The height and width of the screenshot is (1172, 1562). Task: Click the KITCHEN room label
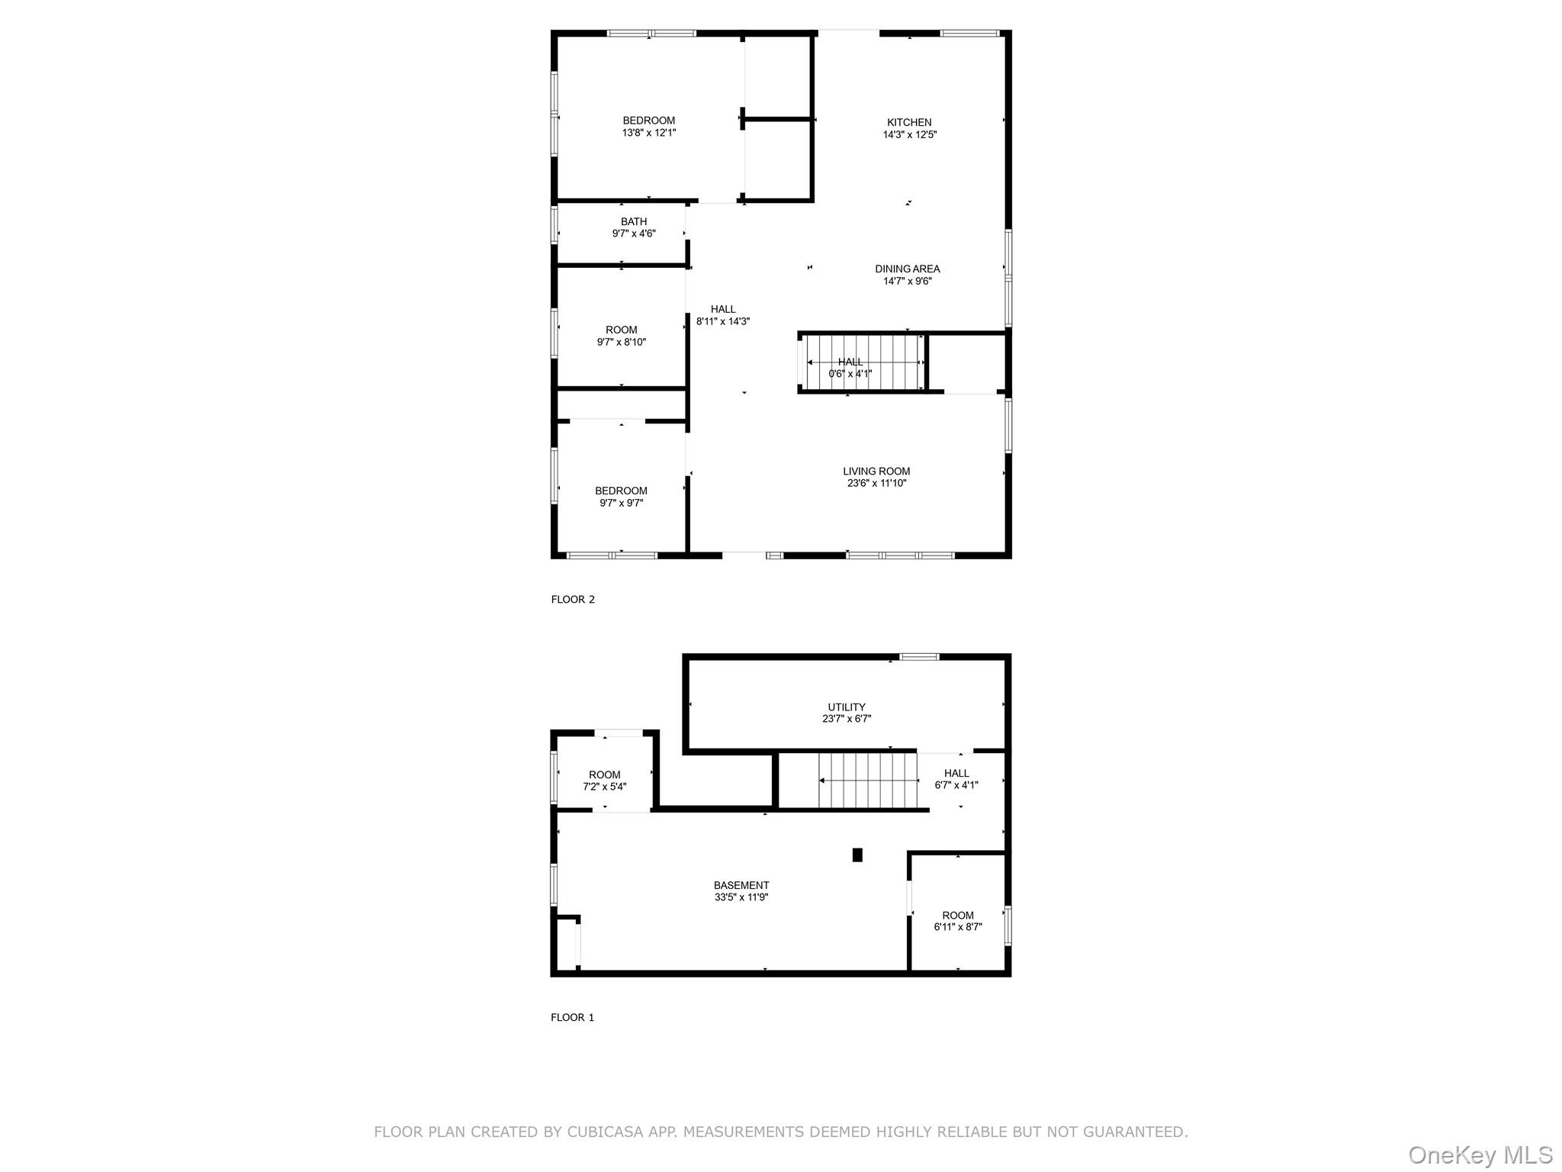pyautogui.click(x=909, y=122)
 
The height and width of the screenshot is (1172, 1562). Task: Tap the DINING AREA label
pyautogui.click(x=908, y=269)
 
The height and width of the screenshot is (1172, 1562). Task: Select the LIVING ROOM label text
pyautogui.click(x=876, y=471)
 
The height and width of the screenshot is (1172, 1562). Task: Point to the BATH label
pyautogui.click(x=634, y=221)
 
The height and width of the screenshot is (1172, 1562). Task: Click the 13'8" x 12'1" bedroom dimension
pyautogui.click(x=649, y=133)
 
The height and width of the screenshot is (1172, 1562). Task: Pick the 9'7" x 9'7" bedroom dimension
pyautogui.click(x=622, y=503)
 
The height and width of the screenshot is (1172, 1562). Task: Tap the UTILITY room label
pyautogui.click(x=847, y=707)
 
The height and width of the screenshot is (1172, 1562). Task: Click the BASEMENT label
pyautogui.click(x=741, y=885)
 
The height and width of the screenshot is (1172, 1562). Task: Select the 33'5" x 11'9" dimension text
pyautogui.click(x=741, y=897)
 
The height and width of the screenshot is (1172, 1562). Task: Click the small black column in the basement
pyautogui.click(x=857, y=855)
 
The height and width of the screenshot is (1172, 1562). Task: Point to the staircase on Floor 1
pyautogui.click(x=867, y=781)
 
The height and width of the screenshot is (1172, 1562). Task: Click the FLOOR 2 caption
pyautogui.click(x=573, y=599)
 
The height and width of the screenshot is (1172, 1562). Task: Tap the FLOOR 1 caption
pyautogui.click(x=572, y=1017)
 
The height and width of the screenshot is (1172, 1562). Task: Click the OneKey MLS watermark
pyautogui.click(x=1480, y=1155)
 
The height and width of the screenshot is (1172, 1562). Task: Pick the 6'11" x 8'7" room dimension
pyautogui.click(x=958, y=927)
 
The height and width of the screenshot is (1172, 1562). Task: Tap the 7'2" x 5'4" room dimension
pyautogui.click(x=605, y=787)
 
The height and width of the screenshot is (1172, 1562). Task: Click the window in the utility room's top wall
pyautogui.click(x=919, y=656)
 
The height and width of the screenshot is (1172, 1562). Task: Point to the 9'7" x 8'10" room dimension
pyautogui.click(x=622, y=342)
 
